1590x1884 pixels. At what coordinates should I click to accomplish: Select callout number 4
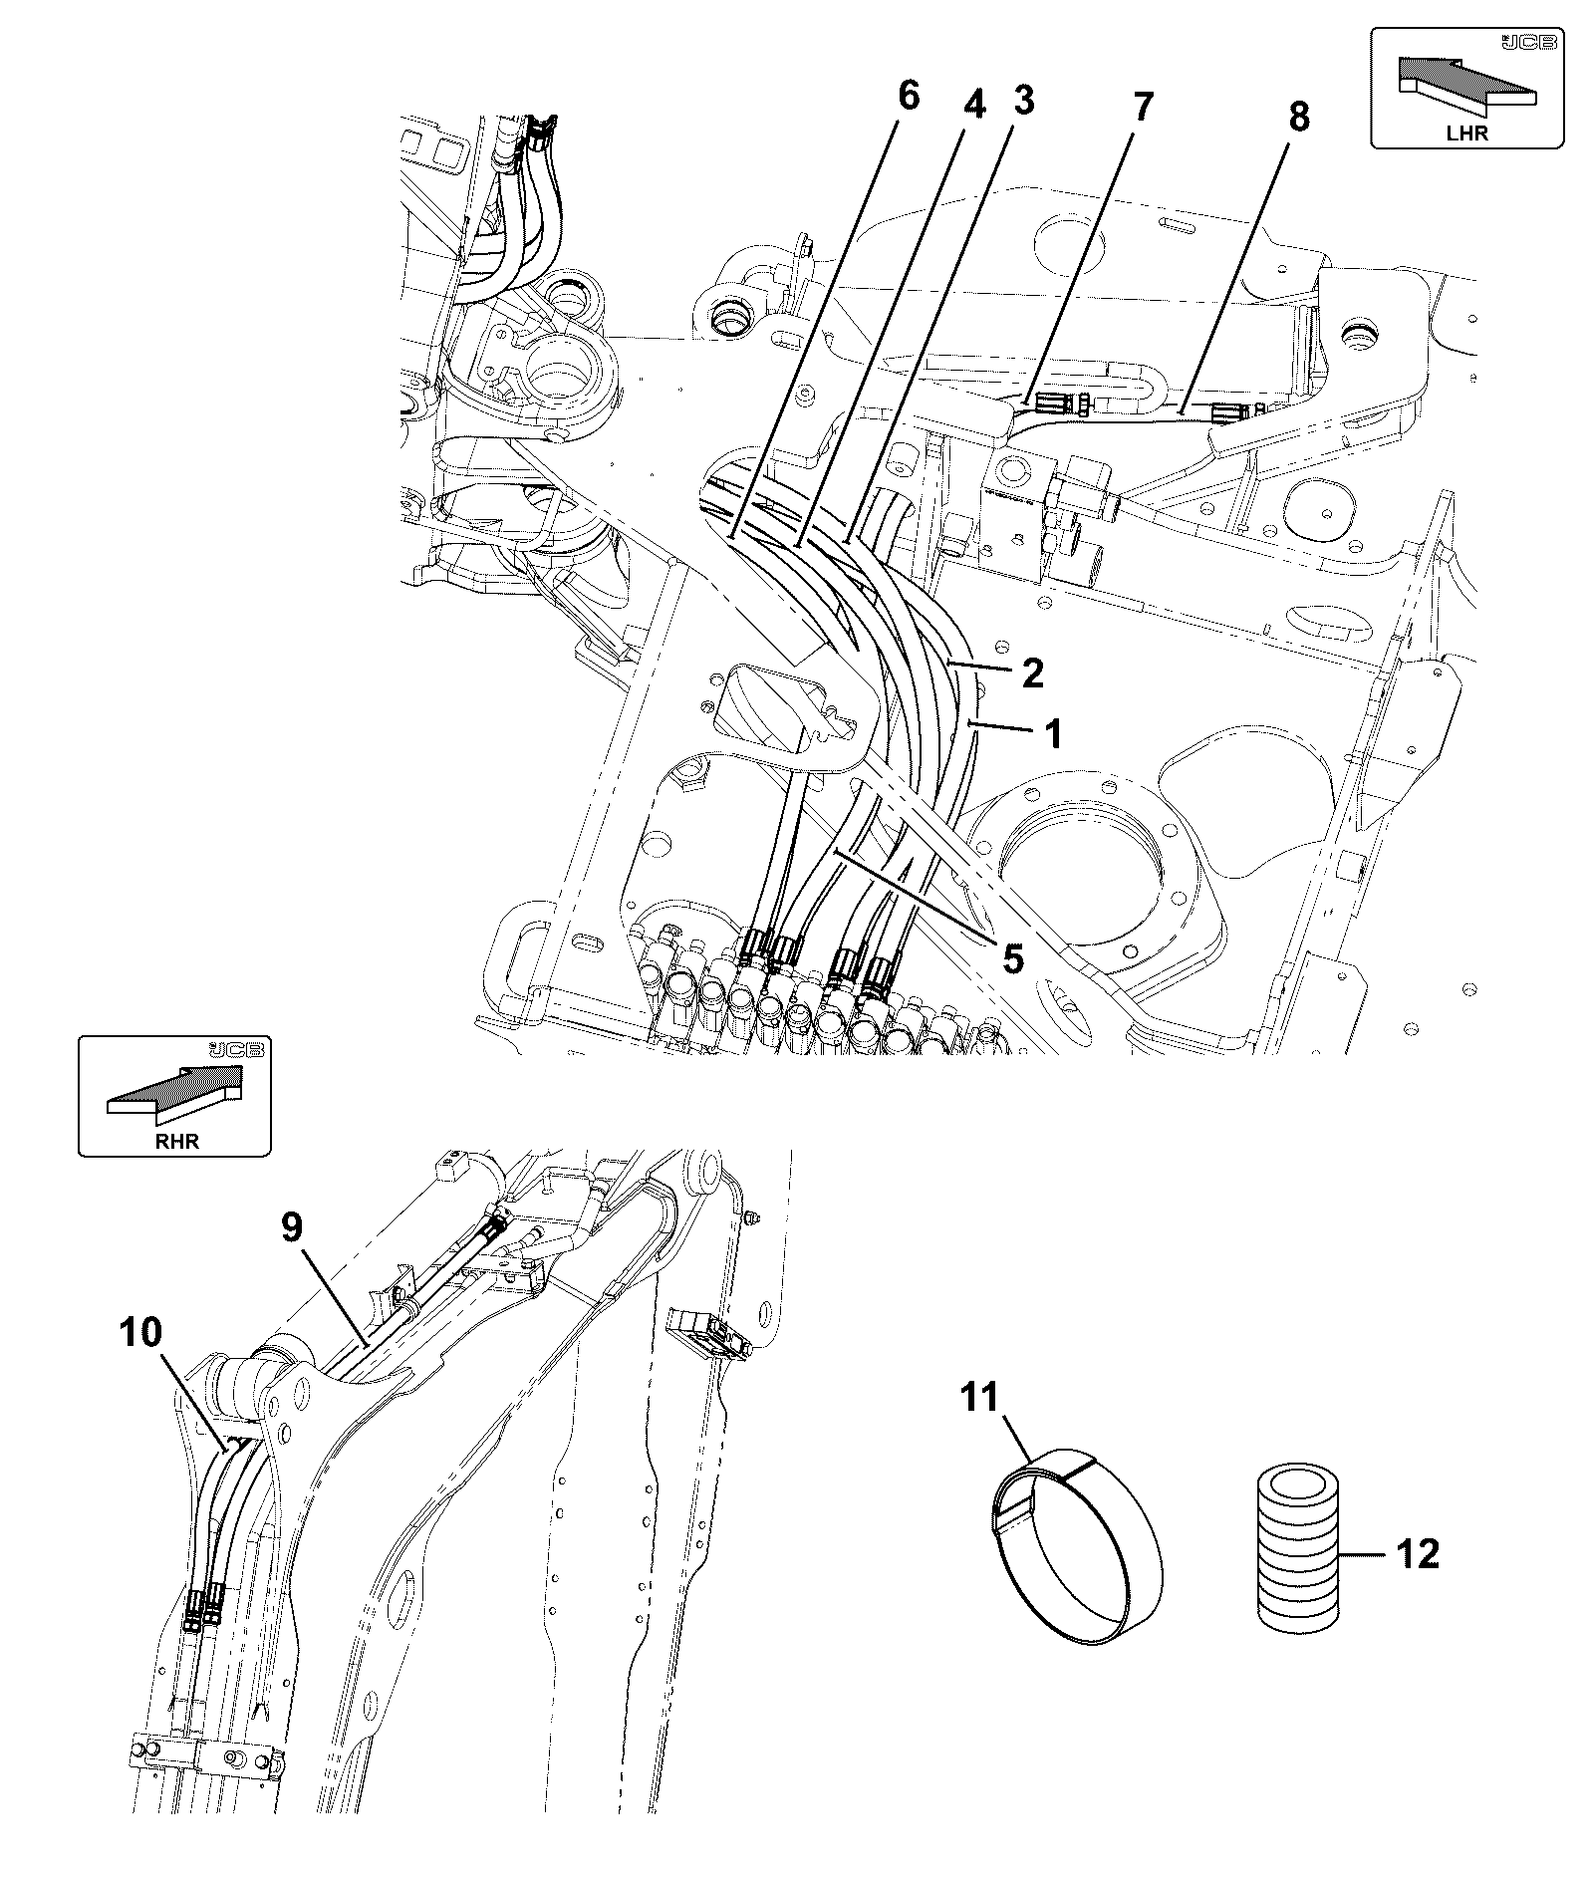pos(973,103)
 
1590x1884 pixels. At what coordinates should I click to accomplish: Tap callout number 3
pos(1023,100)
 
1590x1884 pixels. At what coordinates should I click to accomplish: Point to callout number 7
pos(1141,107)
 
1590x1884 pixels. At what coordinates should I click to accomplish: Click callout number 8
pos(1298,117)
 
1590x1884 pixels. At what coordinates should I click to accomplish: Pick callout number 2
pos(1032,673)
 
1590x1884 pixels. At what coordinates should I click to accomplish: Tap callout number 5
pos(1011,959)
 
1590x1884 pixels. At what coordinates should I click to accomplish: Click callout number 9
pos(291,1227)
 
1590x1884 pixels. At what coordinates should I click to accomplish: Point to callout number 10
pos(141,1332)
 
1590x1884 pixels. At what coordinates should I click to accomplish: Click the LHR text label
pos(1468,134)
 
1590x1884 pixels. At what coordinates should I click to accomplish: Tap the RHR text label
pos(176,1142)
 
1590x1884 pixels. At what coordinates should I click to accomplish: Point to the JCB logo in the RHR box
pos(239,1050)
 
